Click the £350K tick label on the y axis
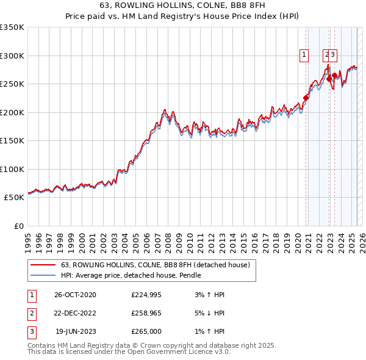click(12, 27)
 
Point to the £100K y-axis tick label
click(12, 169)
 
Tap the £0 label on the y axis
click(18, 226)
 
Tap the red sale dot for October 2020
click(306, 98)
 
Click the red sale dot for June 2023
click(334, 76)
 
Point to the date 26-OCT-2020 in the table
click(75, 295)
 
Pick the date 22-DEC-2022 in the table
click(75, 314)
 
